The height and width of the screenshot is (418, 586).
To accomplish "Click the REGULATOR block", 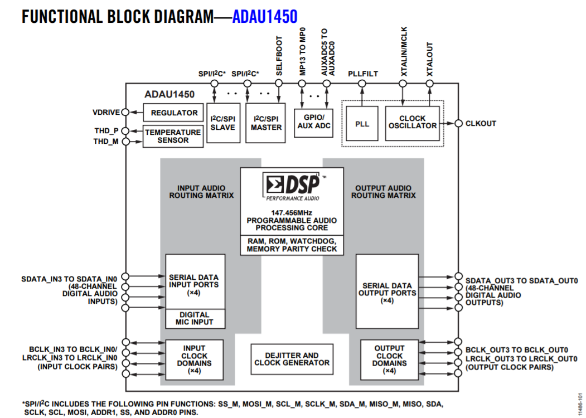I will [x=175, y=113].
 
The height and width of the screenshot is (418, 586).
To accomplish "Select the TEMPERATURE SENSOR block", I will [x=173, y=136].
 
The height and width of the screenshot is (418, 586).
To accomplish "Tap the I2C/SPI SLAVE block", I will [x=222, y=123].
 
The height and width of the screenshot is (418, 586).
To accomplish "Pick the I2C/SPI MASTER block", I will [x=266, y=123].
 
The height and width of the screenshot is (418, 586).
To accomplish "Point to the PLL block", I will [x=362, y=124].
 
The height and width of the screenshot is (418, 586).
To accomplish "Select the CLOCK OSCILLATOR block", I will [x=412, y=123].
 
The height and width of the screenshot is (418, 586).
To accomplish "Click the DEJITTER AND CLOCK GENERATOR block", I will [x=292, y=359].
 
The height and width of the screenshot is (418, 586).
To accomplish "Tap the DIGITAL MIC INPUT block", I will [x=195, y=319].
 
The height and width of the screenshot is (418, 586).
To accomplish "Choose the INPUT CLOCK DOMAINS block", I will [x=194, y=359].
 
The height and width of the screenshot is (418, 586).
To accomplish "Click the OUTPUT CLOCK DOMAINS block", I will [x=389, y=359].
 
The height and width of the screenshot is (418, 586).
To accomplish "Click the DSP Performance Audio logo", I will [x=292, y=186].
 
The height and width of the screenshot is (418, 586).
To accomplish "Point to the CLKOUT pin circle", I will [x=458, y=123].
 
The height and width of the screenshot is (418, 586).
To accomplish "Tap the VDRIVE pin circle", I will [x=125, y=112].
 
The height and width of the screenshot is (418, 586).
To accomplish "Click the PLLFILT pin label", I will [x=362, y=74].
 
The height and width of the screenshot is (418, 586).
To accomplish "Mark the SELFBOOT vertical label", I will [x=279, y=56].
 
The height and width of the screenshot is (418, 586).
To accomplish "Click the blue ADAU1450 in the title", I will [x=265, y=16].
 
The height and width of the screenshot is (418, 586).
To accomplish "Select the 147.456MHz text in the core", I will [x=292, y=213].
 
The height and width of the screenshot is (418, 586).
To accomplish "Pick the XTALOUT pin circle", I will [x=429, y=84].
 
